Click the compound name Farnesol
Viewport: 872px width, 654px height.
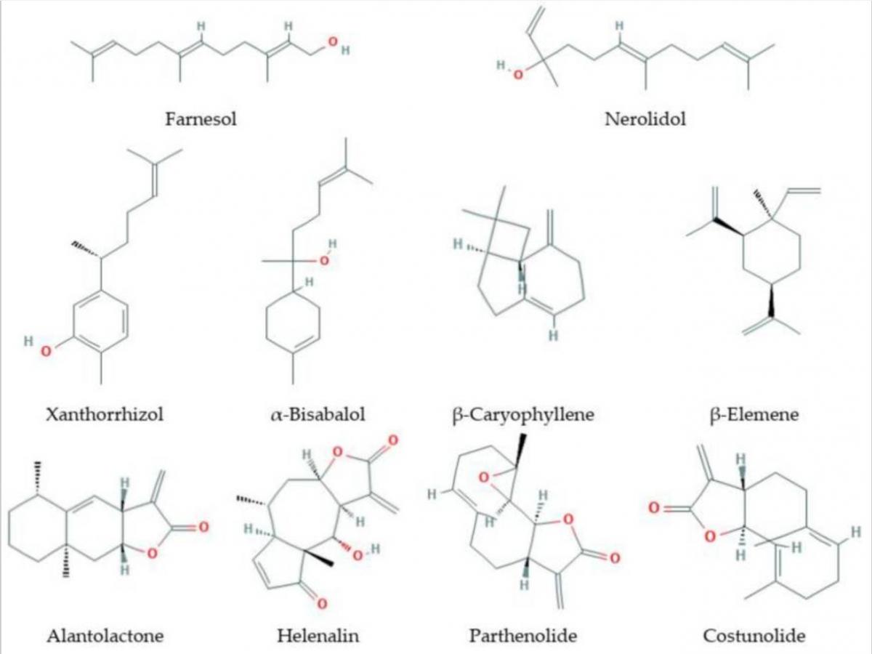(201, 118)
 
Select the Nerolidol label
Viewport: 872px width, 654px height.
(645, 118)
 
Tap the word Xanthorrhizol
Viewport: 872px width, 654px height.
(105, 414)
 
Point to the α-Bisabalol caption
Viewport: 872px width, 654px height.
(318, 414)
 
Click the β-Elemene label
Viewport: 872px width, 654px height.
(754, 415)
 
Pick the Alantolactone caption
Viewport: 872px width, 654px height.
(105, 636)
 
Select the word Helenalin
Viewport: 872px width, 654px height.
(318, 636)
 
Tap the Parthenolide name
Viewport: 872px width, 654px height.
(523, 636)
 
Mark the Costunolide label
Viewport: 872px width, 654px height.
(754, 636)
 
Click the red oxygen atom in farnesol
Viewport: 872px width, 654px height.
(333, 41)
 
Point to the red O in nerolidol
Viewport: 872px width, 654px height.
(518, 74)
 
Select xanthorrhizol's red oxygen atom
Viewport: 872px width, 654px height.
(47, 351)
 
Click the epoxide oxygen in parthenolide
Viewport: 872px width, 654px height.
(483, 477)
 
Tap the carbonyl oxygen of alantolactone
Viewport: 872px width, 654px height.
(203, 527)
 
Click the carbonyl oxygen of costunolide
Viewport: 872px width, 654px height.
(654, 507)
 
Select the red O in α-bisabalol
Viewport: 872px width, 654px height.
(324, 261)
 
